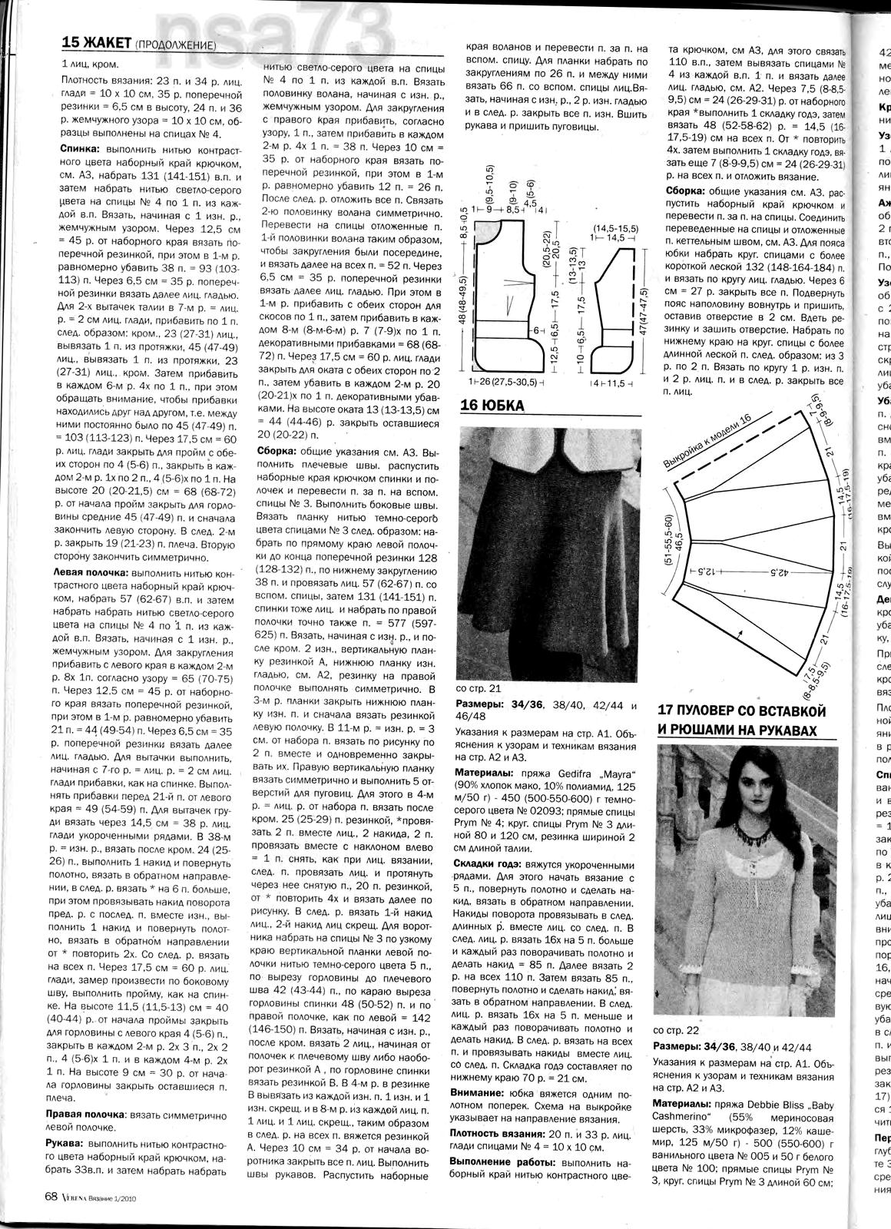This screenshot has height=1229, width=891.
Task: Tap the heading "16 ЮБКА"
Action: point(492,406)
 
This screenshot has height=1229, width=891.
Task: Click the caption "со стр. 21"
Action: point(479,689)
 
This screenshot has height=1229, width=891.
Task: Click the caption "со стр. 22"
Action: point(674,1030)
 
